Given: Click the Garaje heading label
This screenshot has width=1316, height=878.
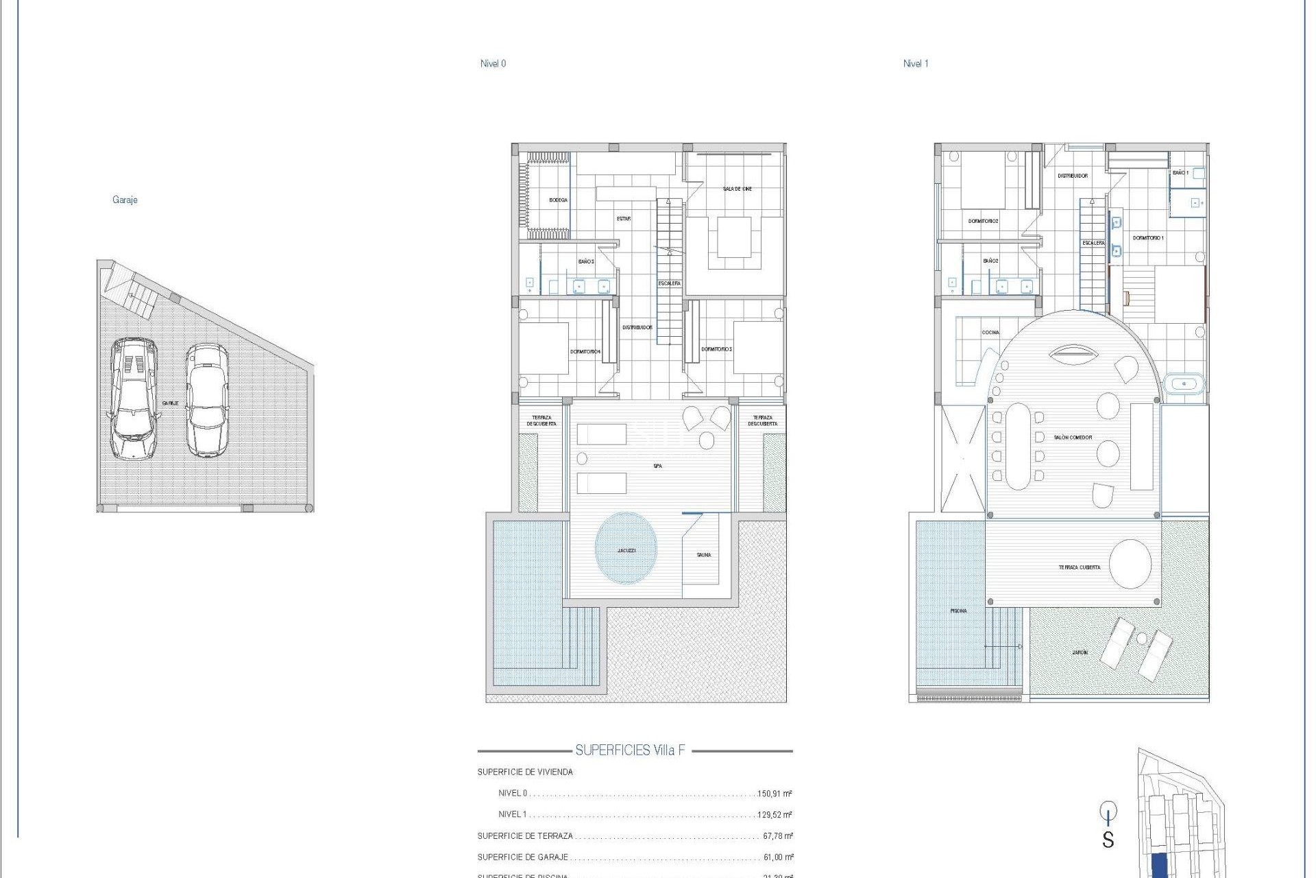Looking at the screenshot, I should click(125, 200).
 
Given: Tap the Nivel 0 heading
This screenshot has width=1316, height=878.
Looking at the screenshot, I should click(493, 64).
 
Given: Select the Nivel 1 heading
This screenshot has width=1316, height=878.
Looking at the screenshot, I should click(916, 64).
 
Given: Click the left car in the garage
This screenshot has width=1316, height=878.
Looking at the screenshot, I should click(134, 399).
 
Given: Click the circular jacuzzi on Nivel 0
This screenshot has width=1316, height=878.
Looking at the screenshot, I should click(626, 549).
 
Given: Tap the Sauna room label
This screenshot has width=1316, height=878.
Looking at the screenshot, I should click(704, 555).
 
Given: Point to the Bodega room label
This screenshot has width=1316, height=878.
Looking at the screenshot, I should click(558, 200).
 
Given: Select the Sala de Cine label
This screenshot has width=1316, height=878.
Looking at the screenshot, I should click(737, 189).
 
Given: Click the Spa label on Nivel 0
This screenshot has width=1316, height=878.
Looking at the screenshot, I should click(657, 466).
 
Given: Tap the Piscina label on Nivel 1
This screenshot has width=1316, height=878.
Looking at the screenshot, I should click(958, 610).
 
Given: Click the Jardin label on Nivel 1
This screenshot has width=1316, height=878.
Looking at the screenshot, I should click(1080, 652).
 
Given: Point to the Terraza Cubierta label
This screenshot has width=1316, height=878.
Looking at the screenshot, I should click(1079, 567).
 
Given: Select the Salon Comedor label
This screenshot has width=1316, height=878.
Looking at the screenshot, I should click(1073, 437).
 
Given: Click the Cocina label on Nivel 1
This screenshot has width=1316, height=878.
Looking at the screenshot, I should click(990, 333).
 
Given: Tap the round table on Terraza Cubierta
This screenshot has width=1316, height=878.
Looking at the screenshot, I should click(1130, 564).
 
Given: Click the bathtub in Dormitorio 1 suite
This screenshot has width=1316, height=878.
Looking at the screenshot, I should click(1184, 383).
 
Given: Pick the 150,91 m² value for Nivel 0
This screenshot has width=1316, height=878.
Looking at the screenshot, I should click(775, 794).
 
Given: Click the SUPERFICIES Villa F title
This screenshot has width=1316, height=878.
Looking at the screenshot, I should click(630, 750).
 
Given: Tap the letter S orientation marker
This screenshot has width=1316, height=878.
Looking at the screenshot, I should click(1108, 839).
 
